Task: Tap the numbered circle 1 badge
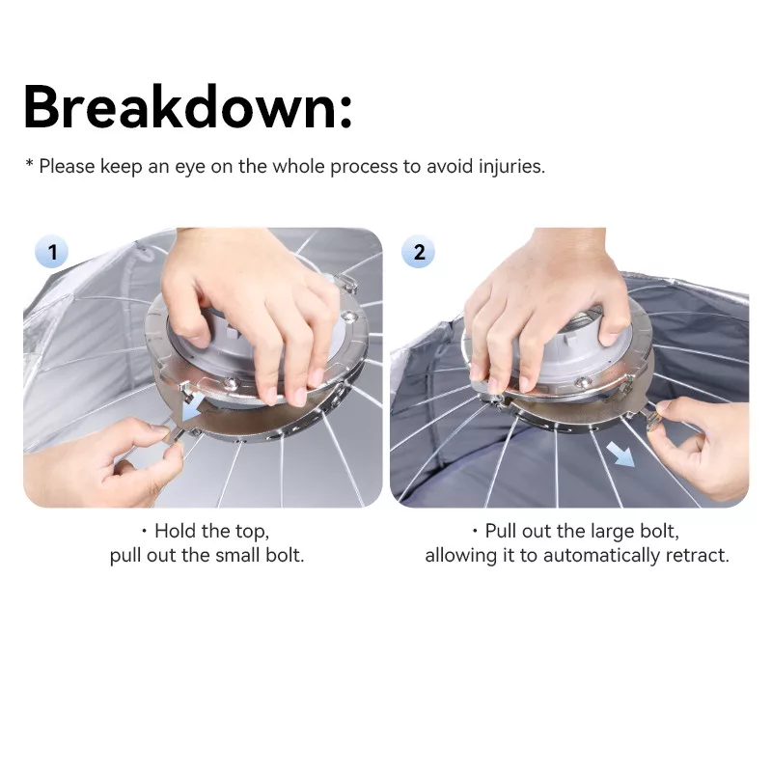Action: pyautogui.click(x=52, y=252)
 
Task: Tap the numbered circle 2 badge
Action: pyautogui.click(x=419, y=252)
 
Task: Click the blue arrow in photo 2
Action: pyautogui.click(x=620, y=454)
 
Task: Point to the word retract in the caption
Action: pyautogui.click(x=697, y=556)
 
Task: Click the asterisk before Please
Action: pyautogui.click(x=30, y=162)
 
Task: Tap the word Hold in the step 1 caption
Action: pyautogui.click(x=176, y=531)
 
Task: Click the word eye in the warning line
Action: pyautogui.click(x=190, y=168)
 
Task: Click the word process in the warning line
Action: pyautogui.click(x=364, y=168)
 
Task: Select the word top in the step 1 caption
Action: pyautogui.click(x=251, y=532)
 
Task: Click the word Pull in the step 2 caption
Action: pyautogui.click(x=501, y=531)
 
